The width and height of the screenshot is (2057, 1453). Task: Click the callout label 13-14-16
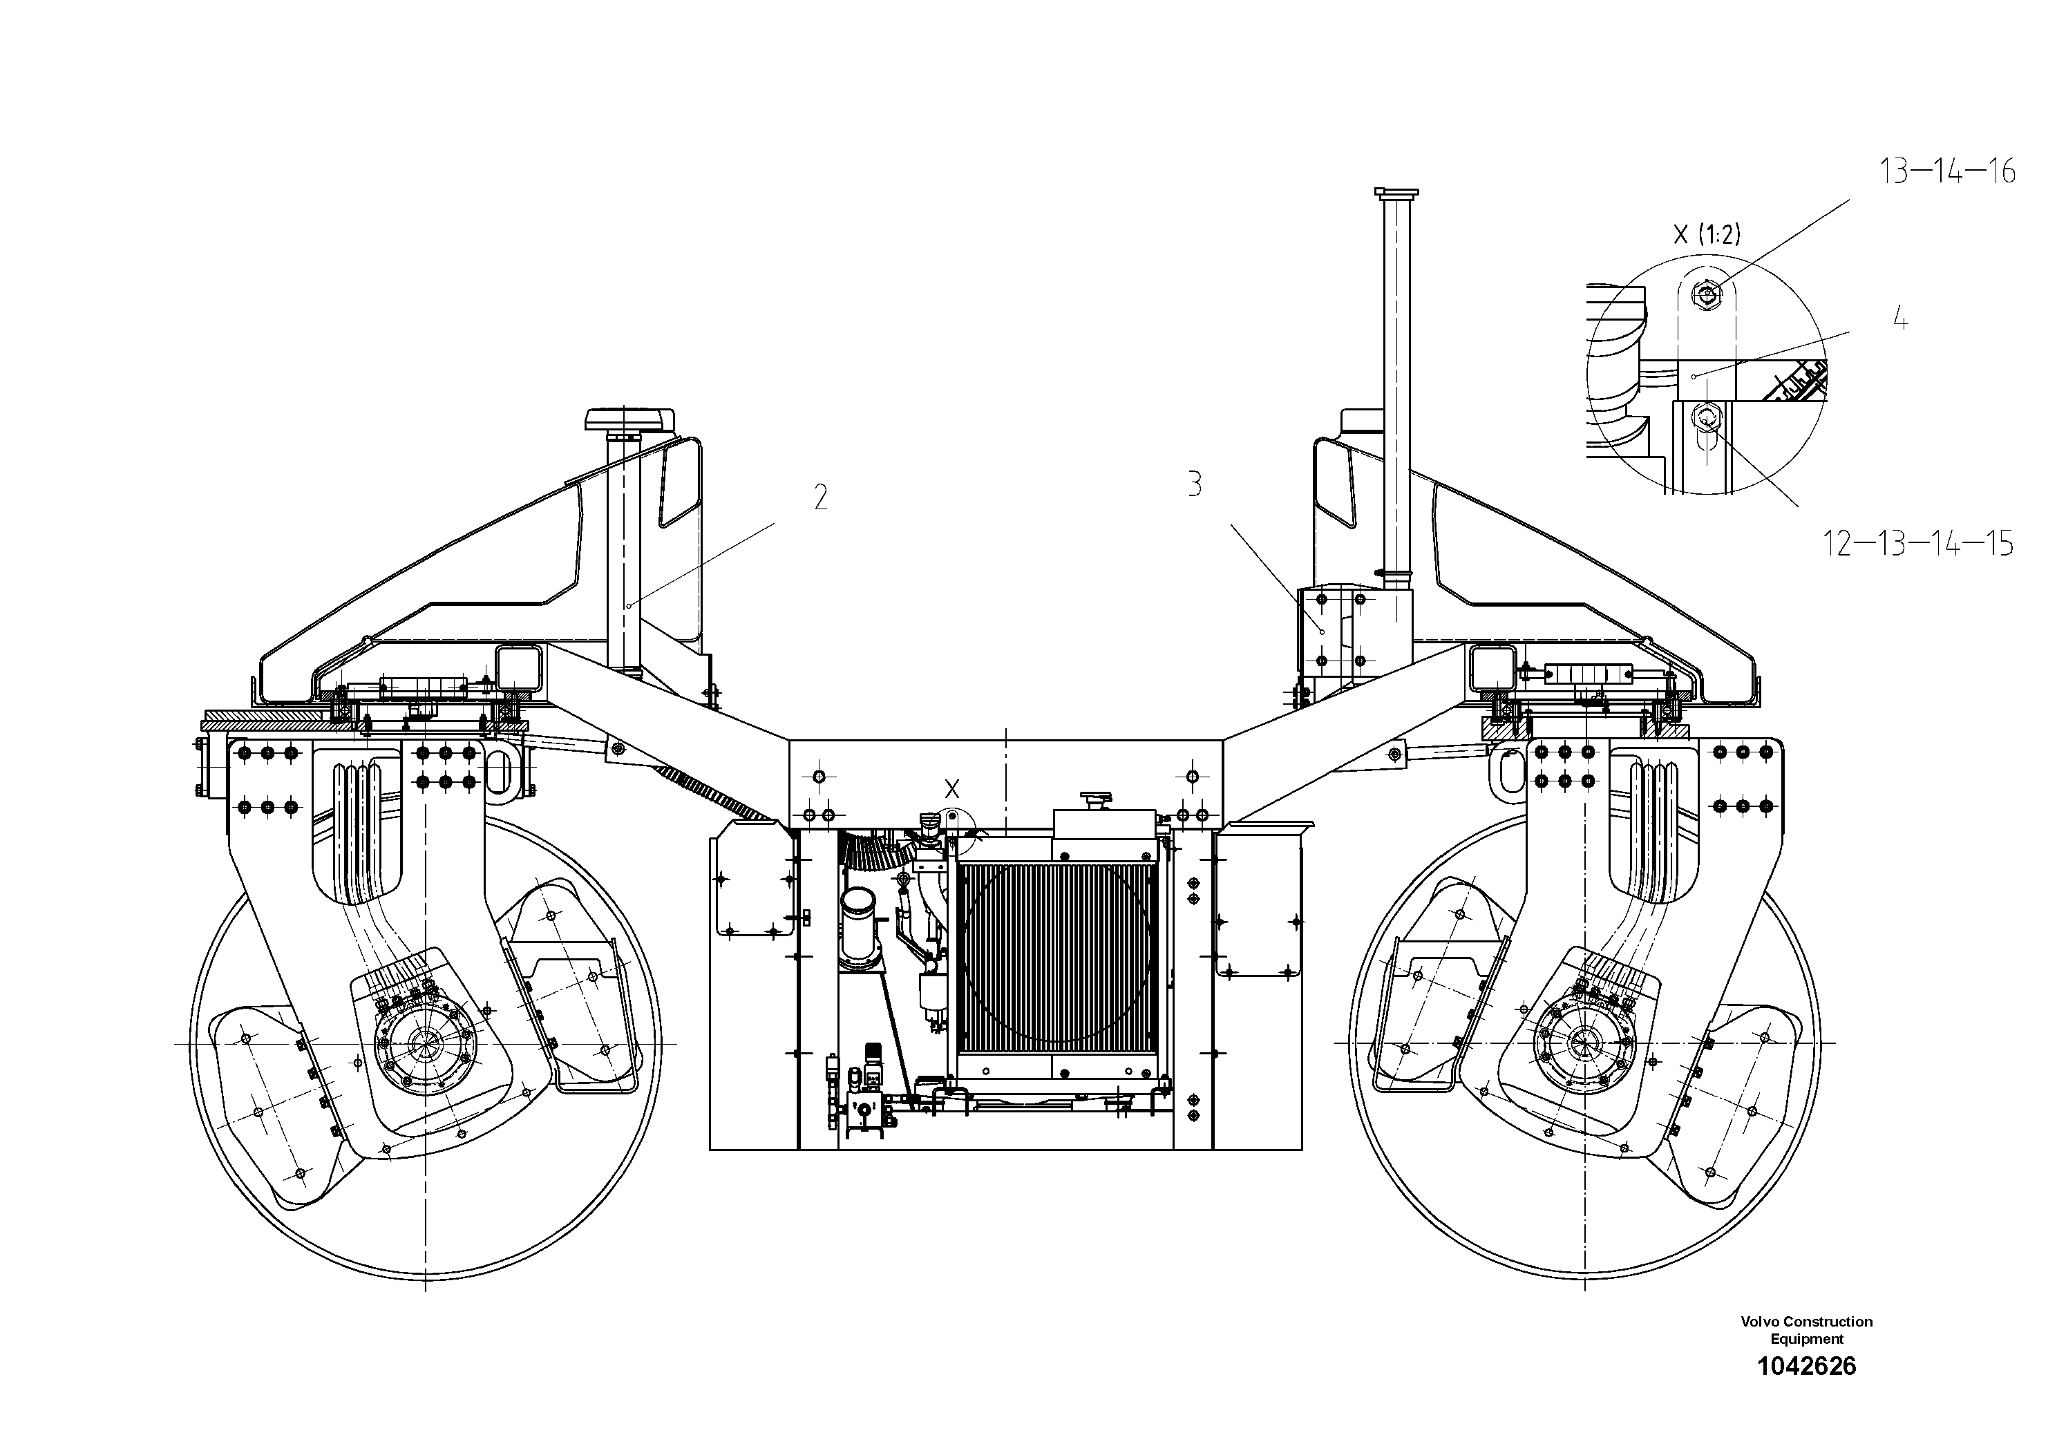point(1947,171)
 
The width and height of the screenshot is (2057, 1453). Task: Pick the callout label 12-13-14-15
point(1918,543)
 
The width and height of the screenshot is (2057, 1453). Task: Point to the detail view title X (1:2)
point(1707,235)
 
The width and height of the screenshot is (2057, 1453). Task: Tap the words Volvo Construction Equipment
point(1806,1330)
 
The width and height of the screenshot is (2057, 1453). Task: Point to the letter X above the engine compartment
point(951,789)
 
